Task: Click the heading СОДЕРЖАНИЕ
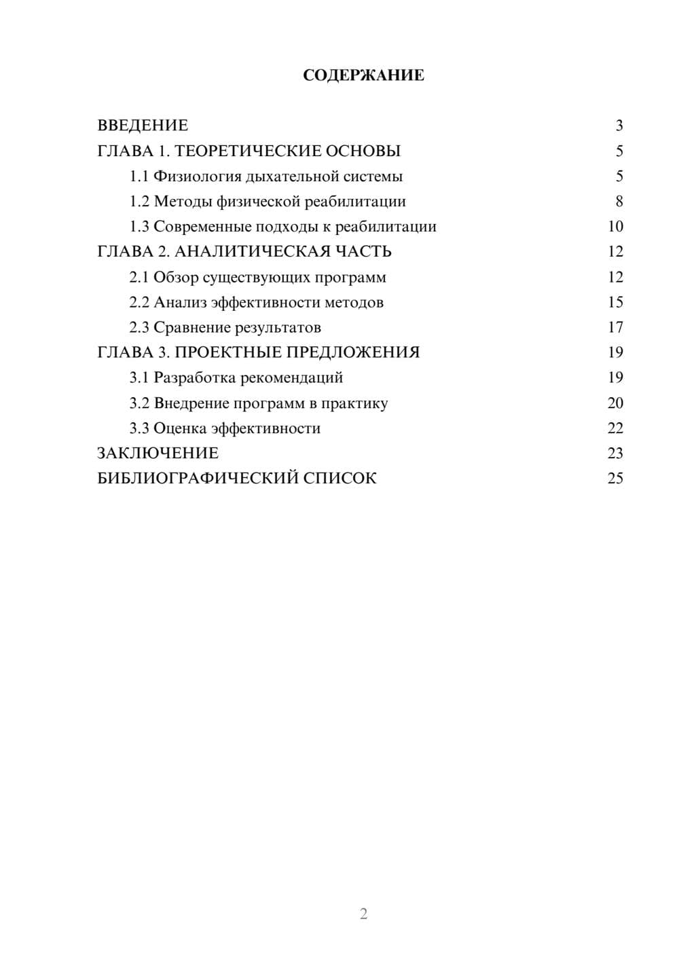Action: pyautogui.click(x=363, y=75)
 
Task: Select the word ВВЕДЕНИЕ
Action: pyautogui.click(x=143, y=126)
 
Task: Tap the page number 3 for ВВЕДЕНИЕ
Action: pyautogui.click(x=619, y=126)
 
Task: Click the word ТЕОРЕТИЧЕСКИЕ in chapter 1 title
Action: pyautogui.click(x=246, y=151)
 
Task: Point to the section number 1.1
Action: pyautogui.click(x=139, y=177)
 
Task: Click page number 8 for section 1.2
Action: pyautogui.click(x=619, y=202)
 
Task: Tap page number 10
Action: pyautogui.click(x=615, y=227)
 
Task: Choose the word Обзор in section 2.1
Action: pyautogui.click(x=176, y=277)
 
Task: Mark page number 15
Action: pyautogui.click(x=615, y=302)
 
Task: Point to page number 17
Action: pyautogui.click(x=615, y=327)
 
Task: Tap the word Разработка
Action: pyautogui.click(x=195, y=377)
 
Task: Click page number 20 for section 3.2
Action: pyautogui.click(x=615, y=403)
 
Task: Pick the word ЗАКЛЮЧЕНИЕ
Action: pyautogui.click(x=158, y=454)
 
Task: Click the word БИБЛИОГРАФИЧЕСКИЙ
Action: pyautogui.click(x=198, y=479)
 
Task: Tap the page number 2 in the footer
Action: pyautogui.click(x=363, y=914)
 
